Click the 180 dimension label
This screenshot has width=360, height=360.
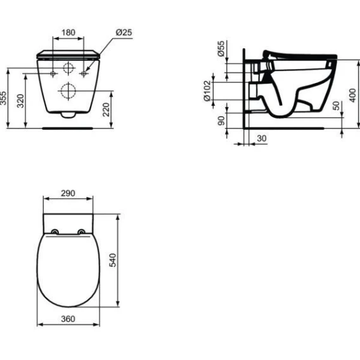(x=68, y=32)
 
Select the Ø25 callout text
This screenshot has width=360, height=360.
(x=124, y=32)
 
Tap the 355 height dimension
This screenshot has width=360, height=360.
(x=3, y=98)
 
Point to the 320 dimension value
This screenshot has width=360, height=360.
(x=20, y=101)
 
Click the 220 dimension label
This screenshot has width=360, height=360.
(x=106, y=110)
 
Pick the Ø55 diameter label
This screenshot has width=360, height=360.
(x=221, y=48)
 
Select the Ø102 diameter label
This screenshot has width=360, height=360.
(x=207, y=91)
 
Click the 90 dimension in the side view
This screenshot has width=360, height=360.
(x=221, y=121)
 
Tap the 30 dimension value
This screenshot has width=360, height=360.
(x=262, y=138)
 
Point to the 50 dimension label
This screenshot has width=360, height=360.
(x=336, y=106)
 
